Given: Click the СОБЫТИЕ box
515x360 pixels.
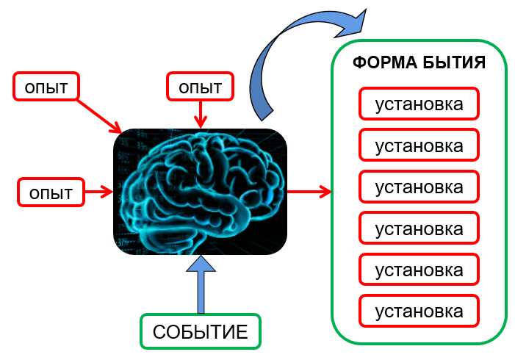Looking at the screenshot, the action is point(201,331).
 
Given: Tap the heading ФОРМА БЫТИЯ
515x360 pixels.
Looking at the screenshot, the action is point(419,62).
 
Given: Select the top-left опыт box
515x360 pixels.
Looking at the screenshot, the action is point(46,86).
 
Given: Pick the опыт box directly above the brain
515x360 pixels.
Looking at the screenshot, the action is point(200,86).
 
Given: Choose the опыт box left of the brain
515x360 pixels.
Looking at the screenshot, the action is point(51,192).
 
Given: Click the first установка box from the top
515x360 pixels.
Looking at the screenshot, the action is point(419,104).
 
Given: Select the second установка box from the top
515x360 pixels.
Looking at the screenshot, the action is point(419,145).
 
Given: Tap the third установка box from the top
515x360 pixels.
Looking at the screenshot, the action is point(419,187).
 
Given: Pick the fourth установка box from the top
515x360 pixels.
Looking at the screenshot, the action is point(419,228).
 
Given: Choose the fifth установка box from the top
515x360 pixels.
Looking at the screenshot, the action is point(419,270).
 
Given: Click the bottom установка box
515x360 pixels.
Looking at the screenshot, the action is point(419,311).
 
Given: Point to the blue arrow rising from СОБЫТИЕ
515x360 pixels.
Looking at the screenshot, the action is point(201,284).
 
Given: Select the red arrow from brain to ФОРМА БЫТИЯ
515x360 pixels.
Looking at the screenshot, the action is point(309,191).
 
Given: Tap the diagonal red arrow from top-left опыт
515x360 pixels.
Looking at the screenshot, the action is point(98,115).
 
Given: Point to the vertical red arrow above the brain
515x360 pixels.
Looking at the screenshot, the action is point(201,114).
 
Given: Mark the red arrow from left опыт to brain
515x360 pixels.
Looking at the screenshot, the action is point(98,192).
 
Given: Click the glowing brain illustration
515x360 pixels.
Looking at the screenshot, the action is point(201,192).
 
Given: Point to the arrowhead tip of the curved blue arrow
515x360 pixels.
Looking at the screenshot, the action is point(366,10).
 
